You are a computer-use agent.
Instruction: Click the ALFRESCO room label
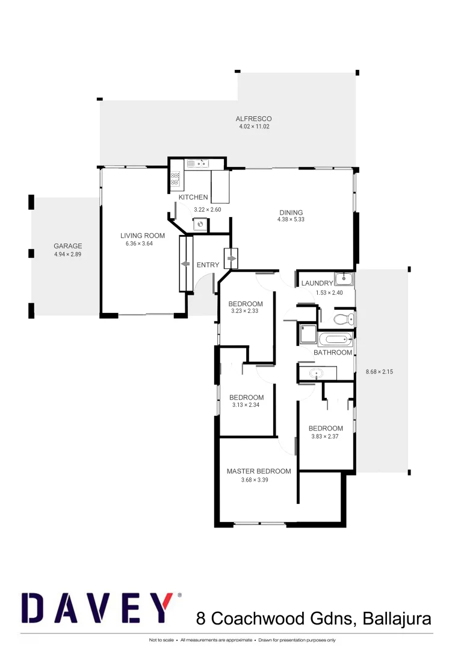click(253, 119)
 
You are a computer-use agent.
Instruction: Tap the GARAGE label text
click(67, 246)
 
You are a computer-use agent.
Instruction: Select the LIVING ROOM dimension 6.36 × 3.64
click(142, 244)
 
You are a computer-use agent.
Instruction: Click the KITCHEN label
click(193, 197)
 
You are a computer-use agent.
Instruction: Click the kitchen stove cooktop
click(175, 178)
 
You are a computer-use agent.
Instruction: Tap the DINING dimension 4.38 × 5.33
click(291, 219)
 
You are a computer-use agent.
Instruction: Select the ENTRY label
click(208, 265)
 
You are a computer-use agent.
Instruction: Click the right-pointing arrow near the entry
click(232, 259)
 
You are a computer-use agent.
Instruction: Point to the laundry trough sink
click(344, 278)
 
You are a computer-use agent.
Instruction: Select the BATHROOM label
click(333, 353)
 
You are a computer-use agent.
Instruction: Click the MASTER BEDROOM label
click(258, 471)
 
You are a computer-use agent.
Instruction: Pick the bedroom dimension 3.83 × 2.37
click(326, 436)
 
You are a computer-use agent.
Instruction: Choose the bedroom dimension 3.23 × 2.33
click(246, 311)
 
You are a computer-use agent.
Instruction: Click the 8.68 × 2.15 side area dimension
click(379, 372)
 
